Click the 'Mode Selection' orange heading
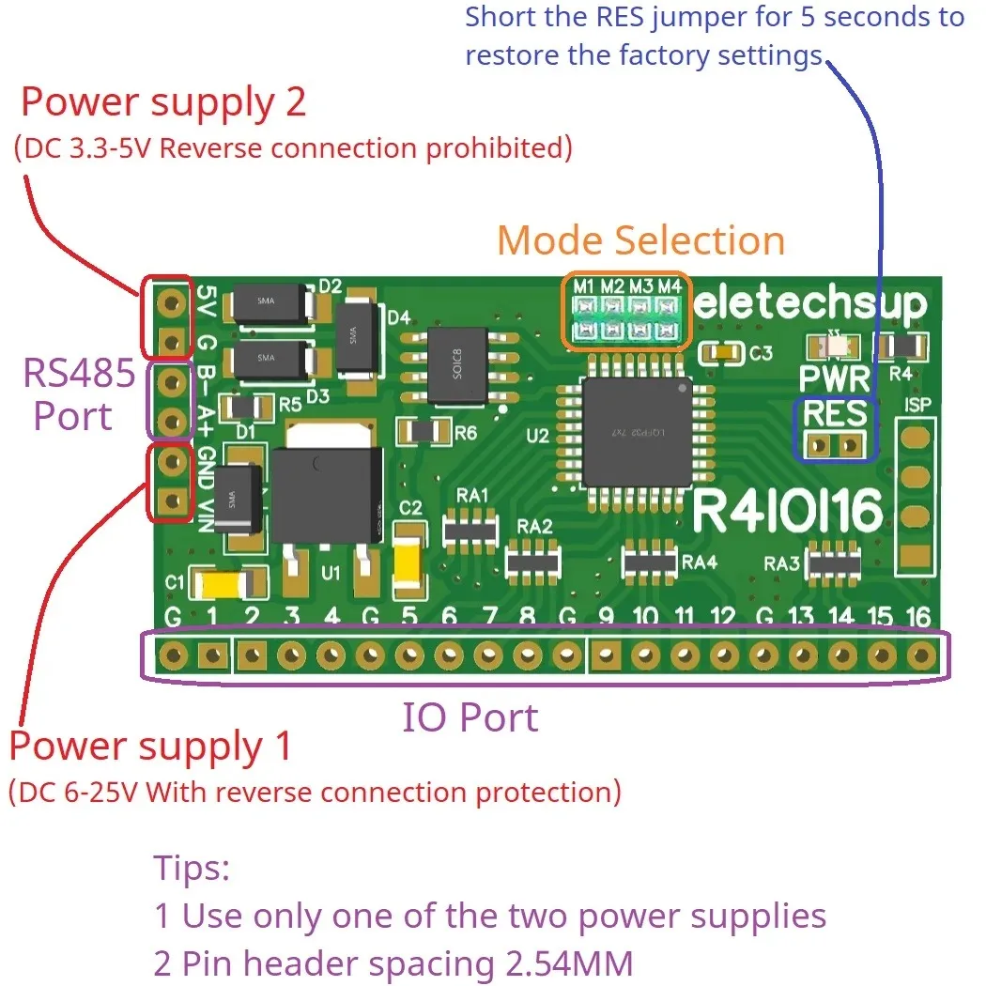pos(640,240)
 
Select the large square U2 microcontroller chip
pos(636,432)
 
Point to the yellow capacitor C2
pos(409,562)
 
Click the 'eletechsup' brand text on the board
pos(810,303)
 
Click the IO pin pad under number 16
pos(922,655)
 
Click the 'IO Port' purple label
pos(470,718)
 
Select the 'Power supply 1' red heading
pos(150,747)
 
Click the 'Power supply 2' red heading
pos(163,102)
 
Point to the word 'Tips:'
pos(192,868)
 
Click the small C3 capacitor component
pos(723,353)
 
